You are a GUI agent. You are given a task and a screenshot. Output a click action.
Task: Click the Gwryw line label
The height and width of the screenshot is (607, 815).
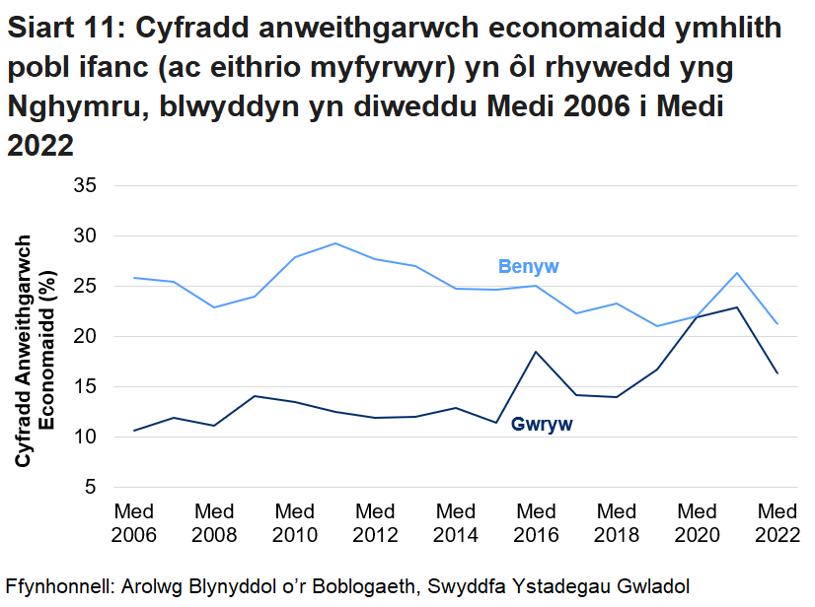click(542, 424)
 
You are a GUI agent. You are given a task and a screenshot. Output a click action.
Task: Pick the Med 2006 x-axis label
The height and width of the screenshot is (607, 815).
click(133, 523)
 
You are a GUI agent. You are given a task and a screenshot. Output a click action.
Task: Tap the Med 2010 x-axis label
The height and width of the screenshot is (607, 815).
click(295, 523)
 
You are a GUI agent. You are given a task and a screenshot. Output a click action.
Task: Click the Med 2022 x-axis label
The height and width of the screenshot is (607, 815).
click(777, 523)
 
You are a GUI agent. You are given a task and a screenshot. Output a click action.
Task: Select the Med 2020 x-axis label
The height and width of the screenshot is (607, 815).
click(697, 523)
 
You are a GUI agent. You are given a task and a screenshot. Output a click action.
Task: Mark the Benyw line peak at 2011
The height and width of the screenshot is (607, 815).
click(335, 243)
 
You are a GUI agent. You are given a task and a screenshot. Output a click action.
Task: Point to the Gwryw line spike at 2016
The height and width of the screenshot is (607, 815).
click(536, 352)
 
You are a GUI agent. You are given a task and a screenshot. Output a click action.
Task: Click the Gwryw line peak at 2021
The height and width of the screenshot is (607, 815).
click(737, 307)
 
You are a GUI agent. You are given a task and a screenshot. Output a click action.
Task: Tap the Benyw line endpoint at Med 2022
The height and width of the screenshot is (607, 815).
click(777, 323)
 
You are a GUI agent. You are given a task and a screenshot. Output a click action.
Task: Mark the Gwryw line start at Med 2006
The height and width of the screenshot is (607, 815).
click(134, 431)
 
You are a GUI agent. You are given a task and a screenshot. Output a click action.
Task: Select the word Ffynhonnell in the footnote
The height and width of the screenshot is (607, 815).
click(58, 584)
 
